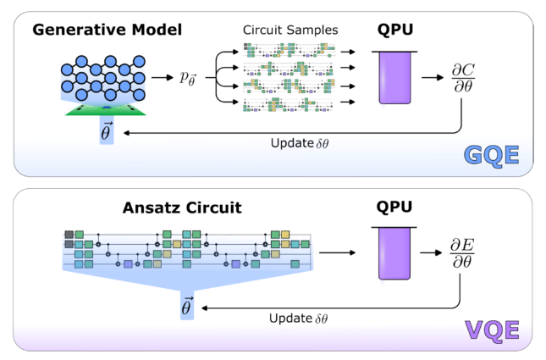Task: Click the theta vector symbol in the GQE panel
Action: click(106, 131)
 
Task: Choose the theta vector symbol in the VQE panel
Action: click(187, 307)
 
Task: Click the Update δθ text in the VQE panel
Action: click(299, 318)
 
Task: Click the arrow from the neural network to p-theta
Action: click(162, 77)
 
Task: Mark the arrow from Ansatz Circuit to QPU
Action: click(339, 252)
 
